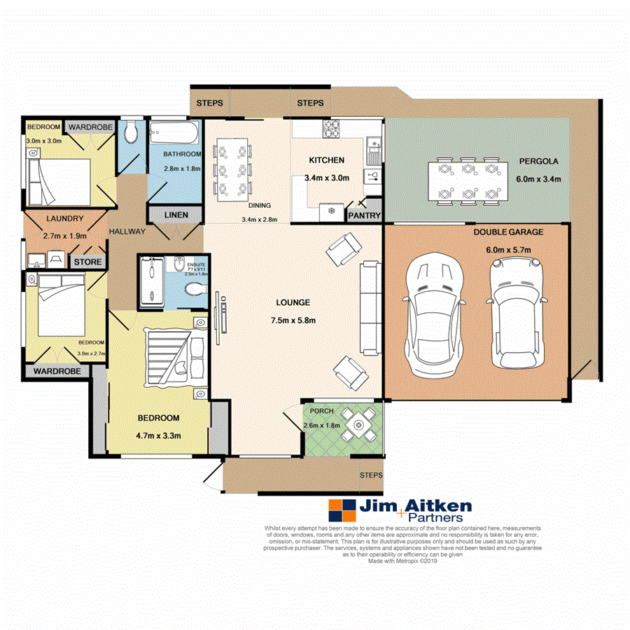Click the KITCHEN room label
point(327,160)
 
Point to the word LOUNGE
point(293,302)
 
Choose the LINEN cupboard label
point(175,215)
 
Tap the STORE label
point(89,262)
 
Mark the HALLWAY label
point(127,232)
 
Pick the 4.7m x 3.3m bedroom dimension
point(159,435)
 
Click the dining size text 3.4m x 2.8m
point(260,219)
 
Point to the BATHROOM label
point(182,154)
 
